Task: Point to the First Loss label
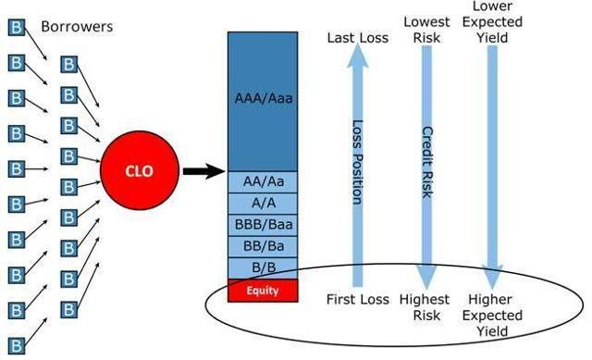pos(357,299)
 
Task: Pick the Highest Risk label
pos(426,307)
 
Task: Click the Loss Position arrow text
pos(356,163)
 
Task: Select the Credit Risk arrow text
pos(426,163)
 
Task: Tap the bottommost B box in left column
pos(15,342)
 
